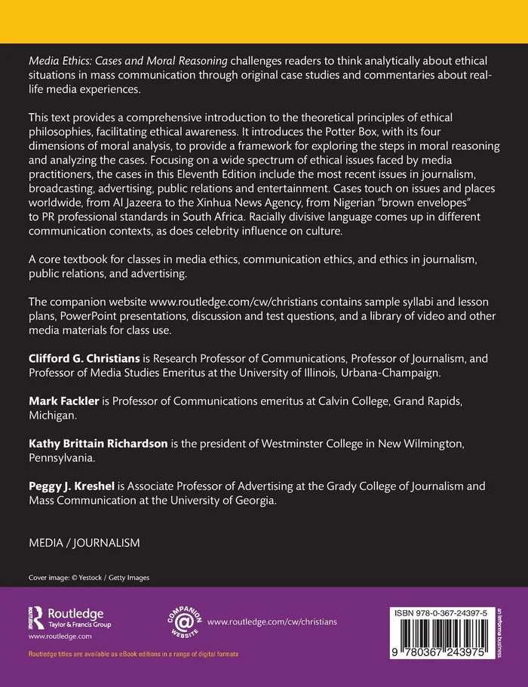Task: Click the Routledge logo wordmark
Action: [x=75, y=614]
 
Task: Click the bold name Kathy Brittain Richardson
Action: [x=97, y=444]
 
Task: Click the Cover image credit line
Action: [x=89, y=578]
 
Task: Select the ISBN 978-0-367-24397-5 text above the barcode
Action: [x=448, y=613]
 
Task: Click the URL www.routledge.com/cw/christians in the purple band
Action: [x=272, y=621]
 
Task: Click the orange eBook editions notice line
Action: [x=134, y=653]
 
